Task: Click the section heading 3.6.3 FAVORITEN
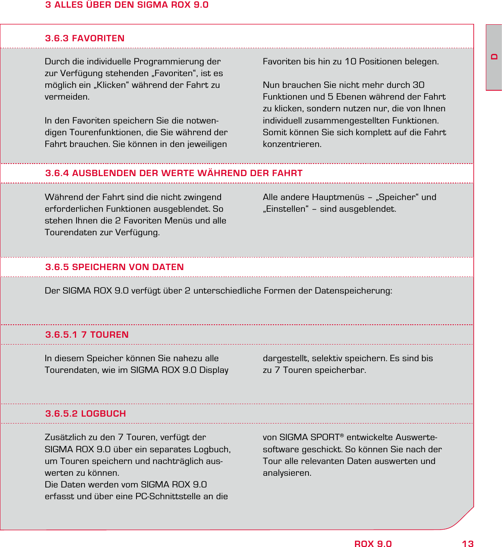tap(85, 38)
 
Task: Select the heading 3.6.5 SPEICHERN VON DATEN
tap(115, 267)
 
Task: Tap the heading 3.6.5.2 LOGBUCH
tap(85, 414)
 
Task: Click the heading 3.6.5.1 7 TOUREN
tap(87, 335)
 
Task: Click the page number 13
tap(468, 544)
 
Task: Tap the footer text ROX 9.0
tap(373, 544)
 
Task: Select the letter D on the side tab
tap(494, 57)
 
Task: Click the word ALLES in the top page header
tap(68, 5)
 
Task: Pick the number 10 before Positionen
tap(351, 62)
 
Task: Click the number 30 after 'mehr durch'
tap(419, 85)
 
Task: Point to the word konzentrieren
tap(291, 144)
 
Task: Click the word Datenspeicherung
tap(353, 291)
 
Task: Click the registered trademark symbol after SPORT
tap(342, 436)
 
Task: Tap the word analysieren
tap(287, 473)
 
